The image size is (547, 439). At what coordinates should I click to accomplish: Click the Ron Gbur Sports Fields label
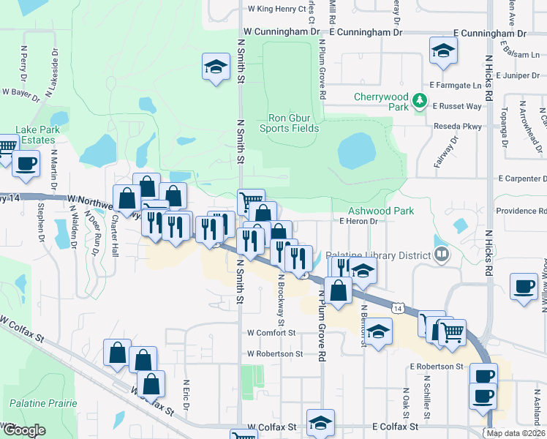[x=293, y=123]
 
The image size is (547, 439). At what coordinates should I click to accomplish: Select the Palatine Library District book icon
[x=441, y=255]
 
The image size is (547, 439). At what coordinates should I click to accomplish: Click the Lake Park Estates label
[x=28, y=135]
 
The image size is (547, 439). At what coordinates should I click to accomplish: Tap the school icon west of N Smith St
[x=216, y=68]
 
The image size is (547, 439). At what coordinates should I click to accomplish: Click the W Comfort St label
[x=271, y=332]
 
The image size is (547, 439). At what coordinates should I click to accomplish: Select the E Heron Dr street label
[x=358, y=221]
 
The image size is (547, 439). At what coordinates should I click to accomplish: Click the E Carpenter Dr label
[x=522, y=179]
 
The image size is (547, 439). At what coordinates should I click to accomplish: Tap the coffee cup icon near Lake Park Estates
[x=26, y=164]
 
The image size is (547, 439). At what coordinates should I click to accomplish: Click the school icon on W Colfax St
[x=320, y=422]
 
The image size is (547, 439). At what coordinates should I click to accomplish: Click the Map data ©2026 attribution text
[x=516, y=433]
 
